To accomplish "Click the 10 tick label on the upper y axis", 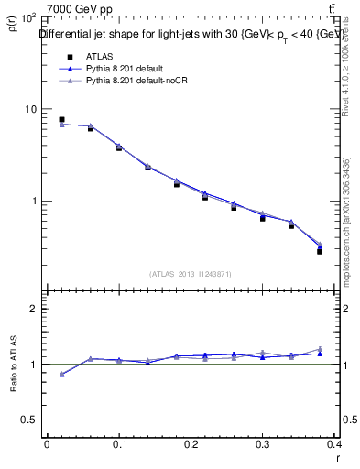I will (30, 109).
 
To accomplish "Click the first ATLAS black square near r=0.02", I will (61, 119).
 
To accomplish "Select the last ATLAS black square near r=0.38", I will (320, 251).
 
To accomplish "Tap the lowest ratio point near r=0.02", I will (61, 374).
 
